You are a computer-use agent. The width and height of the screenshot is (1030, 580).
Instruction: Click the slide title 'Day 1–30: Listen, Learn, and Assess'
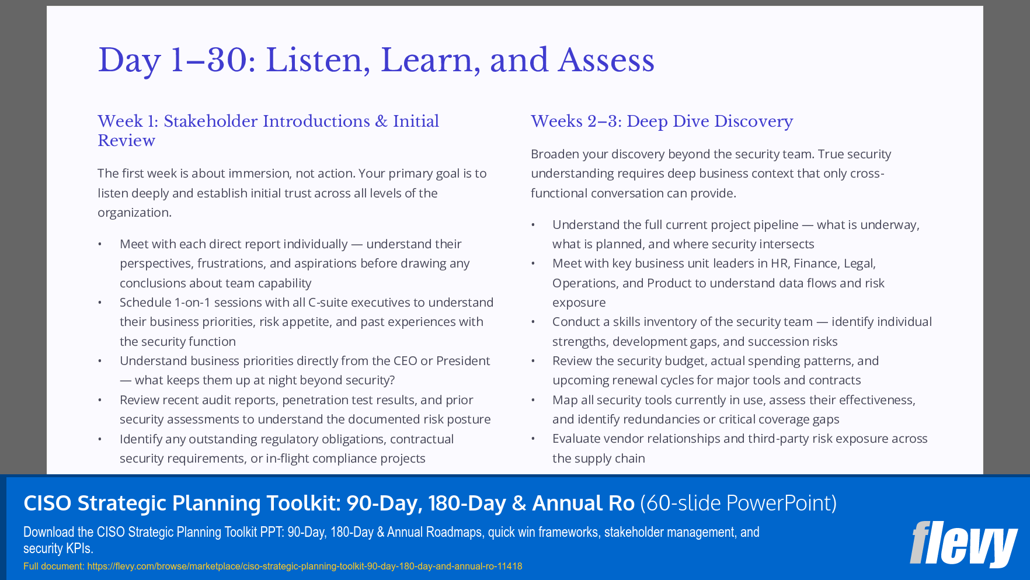pos(375,60)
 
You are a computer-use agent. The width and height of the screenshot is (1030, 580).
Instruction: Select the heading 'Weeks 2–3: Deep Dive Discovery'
pos(662,121)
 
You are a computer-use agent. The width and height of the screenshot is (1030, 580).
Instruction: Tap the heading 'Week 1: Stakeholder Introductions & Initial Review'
pos(268,130)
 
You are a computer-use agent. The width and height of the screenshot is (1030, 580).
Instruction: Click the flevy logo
pos(963,544)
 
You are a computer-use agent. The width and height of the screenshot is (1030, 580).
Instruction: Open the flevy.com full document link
pos(304,566)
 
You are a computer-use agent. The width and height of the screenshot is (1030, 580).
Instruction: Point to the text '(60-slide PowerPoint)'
pos(738,503)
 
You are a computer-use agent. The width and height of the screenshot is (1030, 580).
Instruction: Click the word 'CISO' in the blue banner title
pos(47,503)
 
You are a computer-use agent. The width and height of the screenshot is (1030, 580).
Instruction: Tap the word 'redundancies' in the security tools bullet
pos(661,419)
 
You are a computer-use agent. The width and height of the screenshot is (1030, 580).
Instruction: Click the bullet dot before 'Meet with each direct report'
pos(100,244)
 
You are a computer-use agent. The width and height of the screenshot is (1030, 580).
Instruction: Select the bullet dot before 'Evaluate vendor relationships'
pos(533,439)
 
